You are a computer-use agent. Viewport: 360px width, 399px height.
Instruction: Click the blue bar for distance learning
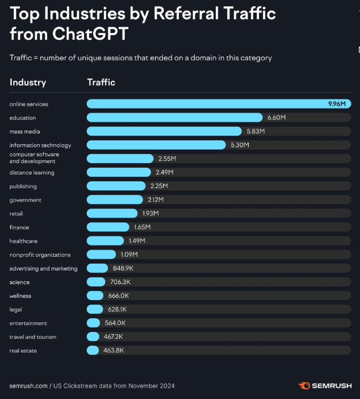[x=119, y=172]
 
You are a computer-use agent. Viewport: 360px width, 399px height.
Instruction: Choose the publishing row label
[x=23, y=186]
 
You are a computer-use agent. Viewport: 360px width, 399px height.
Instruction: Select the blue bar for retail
[x=112, y=213]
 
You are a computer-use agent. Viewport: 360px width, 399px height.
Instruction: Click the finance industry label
[x=19, y=227]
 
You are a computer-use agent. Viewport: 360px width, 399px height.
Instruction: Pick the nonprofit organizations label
[x=40, y=255]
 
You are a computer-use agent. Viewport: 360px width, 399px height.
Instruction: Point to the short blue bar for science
[x=96, y=282]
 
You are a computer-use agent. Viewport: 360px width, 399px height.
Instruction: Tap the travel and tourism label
[x=33, y=337]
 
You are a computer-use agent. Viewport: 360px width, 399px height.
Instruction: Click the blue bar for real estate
[x=93, y=351]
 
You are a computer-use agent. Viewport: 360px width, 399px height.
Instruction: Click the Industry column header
[x=28, y=82]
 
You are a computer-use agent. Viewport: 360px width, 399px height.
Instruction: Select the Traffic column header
[x=101, y=82]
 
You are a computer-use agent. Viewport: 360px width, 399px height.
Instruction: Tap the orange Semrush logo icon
[x=305, y=386]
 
